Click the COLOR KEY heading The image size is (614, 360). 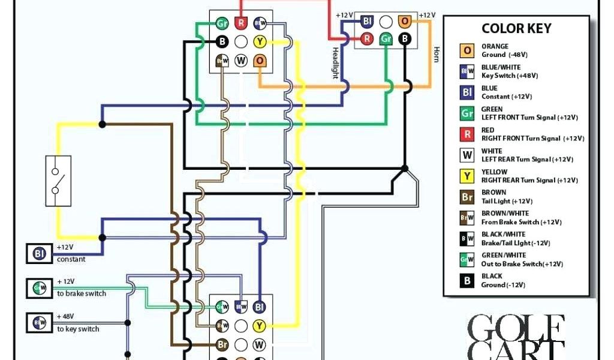click(516, 29)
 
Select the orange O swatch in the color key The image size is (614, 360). click(467, 50)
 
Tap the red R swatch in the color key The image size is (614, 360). click(467, 134)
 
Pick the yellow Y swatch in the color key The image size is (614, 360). click(467, 176)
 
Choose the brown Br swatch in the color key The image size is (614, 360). click(467, 197)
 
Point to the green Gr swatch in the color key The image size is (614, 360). click(467, 113)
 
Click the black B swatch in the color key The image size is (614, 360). click(467, 280)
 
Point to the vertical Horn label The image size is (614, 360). click(436, 54)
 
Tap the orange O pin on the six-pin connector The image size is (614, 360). click(405, 22)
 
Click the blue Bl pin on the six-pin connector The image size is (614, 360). click(367, 22)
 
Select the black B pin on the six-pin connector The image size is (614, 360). click(405, 39)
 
